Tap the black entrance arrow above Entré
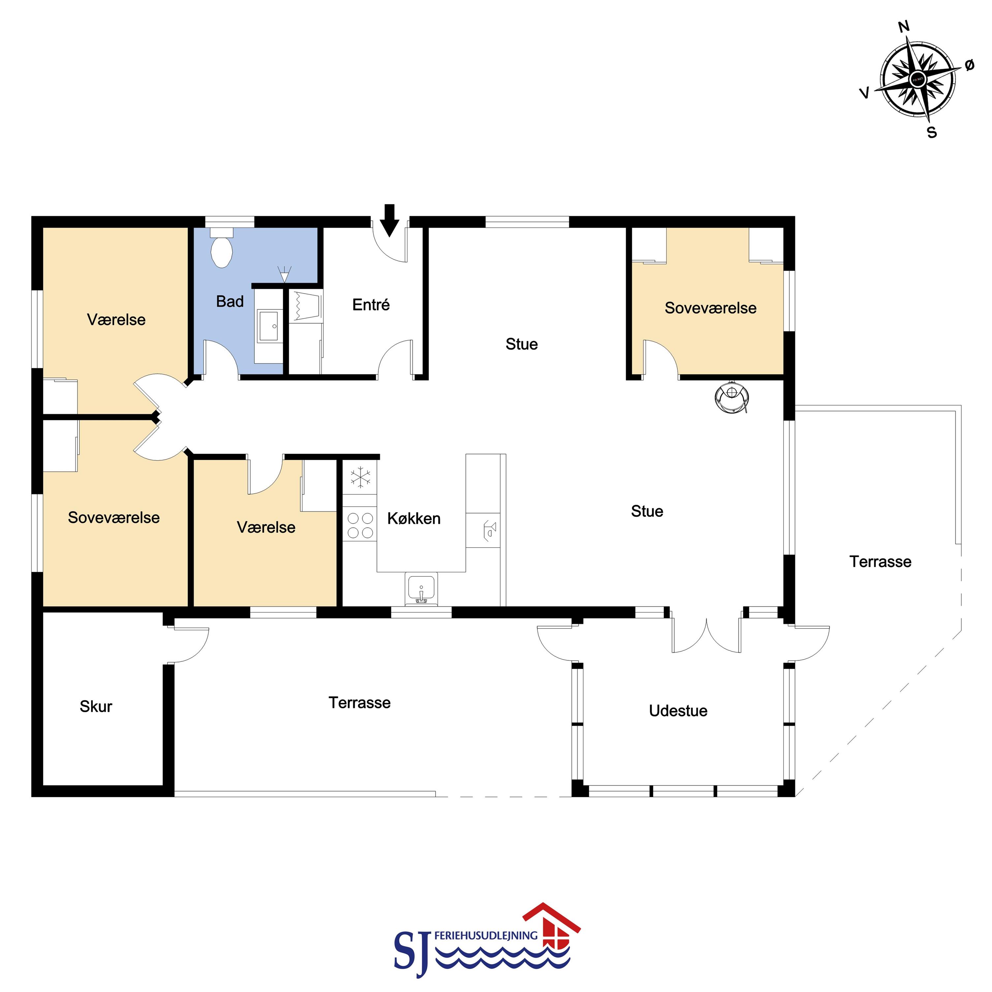(390, 220)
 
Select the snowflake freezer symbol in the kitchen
(360, 477)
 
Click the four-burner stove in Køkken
(360, 525)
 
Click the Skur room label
(96, 706)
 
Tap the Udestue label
(678, 711)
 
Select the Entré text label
(371, 305)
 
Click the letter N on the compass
(904, 26)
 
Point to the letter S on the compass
(932, 133)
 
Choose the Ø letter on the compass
(969, 65)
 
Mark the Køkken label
(414, 519)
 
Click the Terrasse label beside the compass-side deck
(880, 562)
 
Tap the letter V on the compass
(865, 93)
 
